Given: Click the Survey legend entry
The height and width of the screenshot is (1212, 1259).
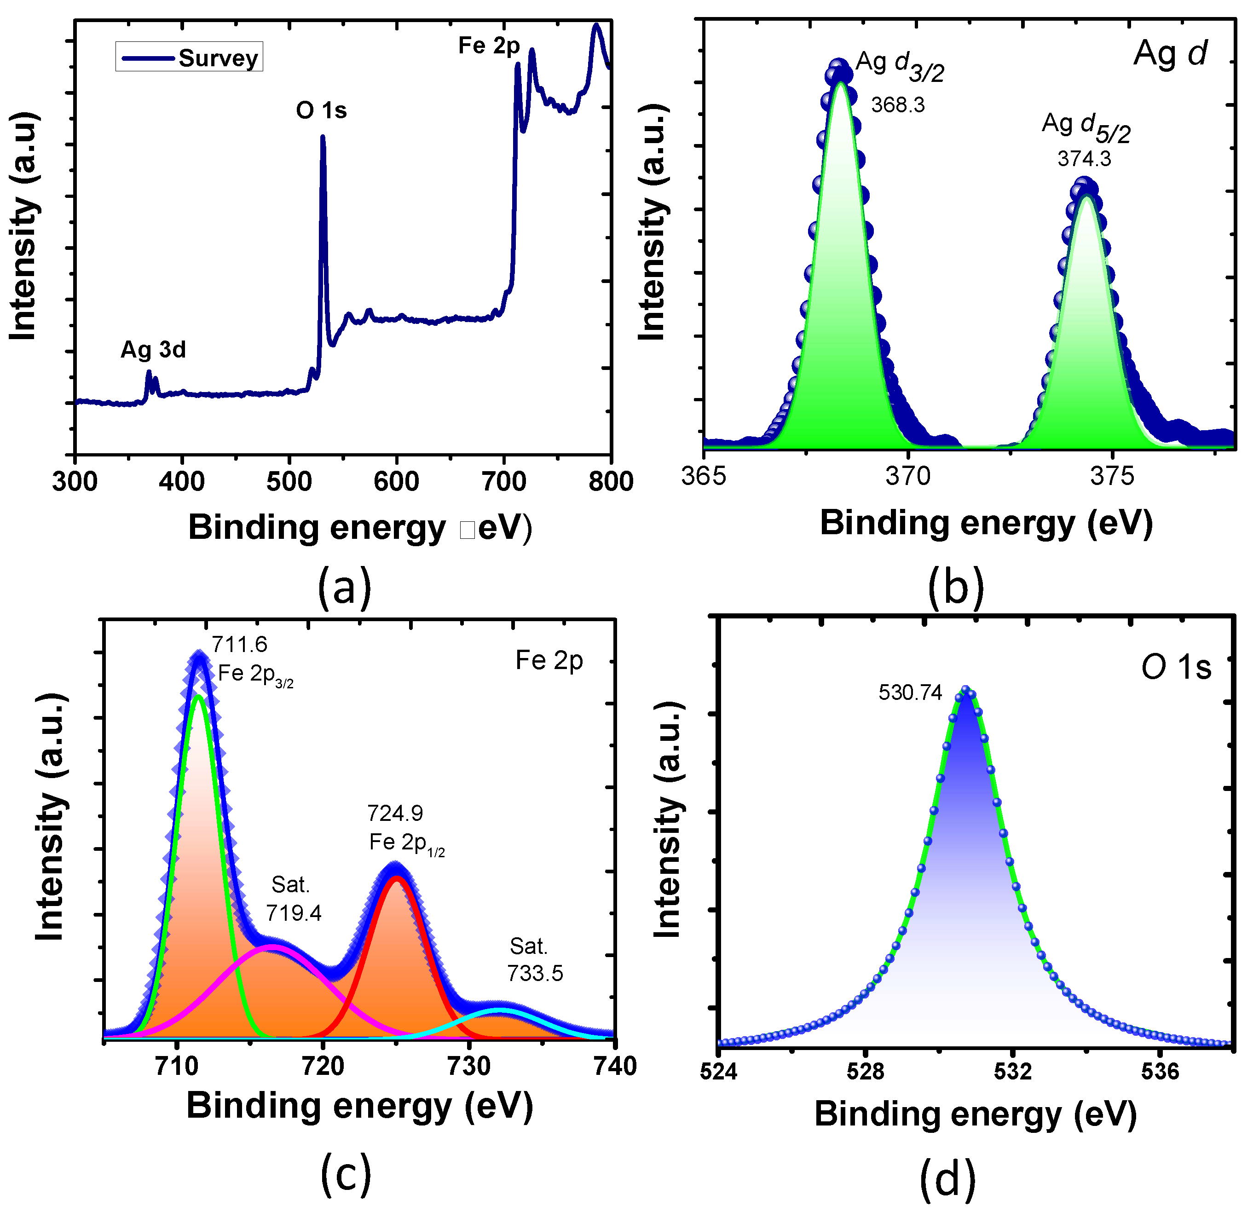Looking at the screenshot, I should (190, 57).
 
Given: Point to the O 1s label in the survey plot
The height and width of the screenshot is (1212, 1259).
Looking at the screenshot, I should (321, 110).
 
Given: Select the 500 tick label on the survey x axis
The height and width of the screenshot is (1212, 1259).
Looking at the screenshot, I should (289, 481).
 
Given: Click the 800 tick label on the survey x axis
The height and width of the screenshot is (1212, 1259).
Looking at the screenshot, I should (610, 481).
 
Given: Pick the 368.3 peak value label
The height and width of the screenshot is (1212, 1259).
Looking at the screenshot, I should (897, 105).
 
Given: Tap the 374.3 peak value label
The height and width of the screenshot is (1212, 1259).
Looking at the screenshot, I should (1084, 158).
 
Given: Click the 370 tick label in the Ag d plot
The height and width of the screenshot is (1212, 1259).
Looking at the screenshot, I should (907, 476).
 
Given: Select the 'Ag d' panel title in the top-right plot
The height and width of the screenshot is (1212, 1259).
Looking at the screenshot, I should (1170, 53).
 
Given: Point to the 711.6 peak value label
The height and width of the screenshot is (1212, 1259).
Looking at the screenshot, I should (240, 644).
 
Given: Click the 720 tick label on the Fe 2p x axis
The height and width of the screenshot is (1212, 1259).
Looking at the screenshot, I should (323, 1066).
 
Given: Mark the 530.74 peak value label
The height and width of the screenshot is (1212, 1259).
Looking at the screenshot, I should (910, 693).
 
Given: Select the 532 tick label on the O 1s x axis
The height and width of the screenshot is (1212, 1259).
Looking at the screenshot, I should (1012, 1071).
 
